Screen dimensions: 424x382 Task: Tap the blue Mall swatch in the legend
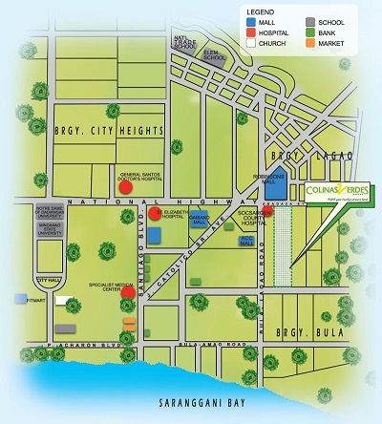pos(250,20)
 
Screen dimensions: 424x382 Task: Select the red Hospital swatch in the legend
pos(250,32)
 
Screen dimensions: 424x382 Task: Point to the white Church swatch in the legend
pos(250,43)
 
